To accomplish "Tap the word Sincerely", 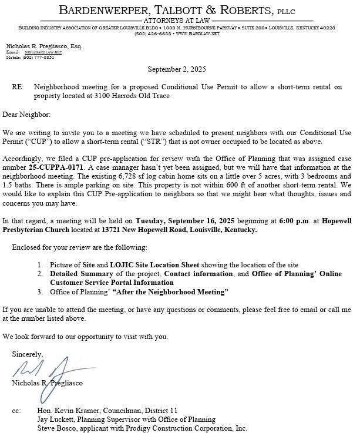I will [27, 354].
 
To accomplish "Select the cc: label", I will [16, 410].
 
